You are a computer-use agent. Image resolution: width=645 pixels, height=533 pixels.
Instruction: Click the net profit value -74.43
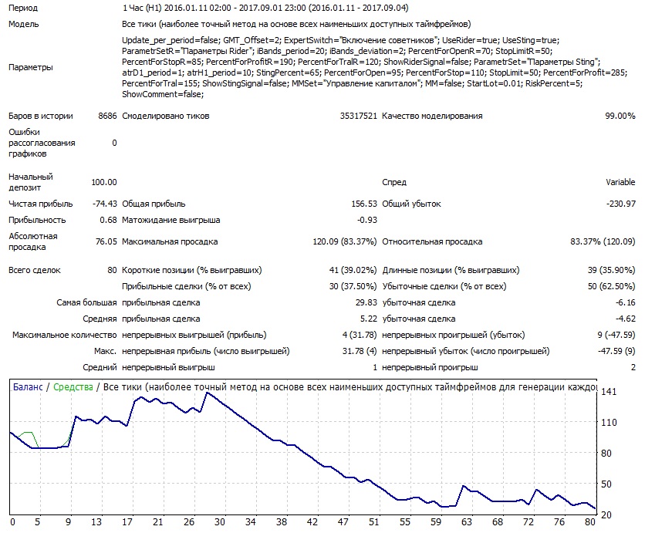pos(104,204)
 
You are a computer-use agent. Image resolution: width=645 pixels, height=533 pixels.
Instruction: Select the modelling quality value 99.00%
pos(620,116)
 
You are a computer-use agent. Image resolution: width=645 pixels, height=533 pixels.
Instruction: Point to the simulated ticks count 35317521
pos(358,116)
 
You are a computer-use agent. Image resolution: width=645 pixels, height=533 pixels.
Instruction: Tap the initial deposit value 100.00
pos(104,182)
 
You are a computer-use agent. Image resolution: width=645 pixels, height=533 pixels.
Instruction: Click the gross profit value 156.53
pos(364,204)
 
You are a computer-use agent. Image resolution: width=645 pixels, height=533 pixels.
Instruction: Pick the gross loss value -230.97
pos(621,204)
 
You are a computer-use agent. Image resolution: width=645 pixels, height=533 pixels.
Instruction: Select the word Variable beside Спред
pos(620,182)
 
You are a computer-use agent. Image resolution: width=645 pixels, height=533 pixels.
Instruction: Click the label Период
pos(23,8)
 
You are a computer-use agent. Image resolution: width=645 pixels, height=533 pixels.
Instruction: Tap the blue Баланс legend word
pos(28,387)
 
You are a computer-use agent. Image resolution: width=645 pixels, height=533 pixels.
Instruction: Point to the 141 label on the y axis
pos(609,392)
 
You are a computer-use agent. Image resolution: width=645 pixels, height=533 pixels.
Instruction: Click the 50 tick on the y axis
pos(606,484)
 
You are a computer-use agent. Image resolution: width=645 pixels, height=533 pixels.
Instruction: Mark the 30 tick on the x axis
pos(220,522)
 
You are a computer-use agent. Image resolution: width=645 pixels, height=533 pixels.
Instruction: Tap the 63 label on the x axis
pos(467,522)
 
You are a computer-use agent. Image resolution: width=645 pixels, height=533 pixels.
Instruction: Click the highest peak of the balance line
pos(208,393)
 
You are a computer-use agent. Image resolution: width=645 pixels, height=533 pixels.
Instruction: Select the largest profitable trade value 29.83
pos(366,302)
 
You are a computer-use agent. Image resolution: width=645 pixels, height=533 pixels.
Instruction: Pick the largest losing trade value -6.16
pos(625,302)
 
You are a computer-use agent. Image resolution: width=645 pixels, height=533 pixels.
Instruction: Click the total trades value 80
pos(112,270)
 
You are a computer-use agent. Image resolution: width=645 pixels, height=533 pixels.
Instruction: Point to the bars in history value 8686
pos(107,116)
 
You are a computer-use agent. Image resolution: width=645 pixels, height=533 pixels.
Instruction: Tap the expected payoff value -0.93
pos(367,220)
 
